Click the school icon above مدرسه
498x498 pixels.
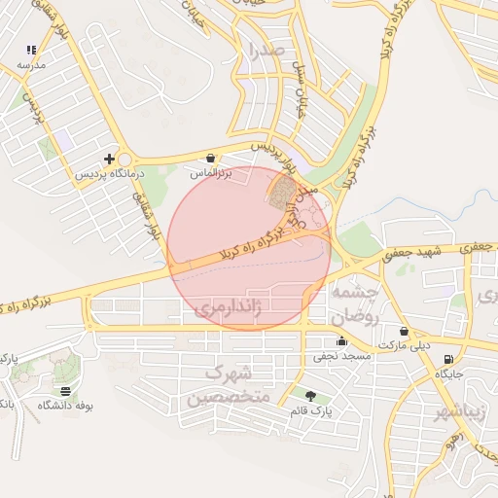click(x=31, y=49)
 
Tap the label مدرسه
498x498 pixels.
click(x=32, y=64)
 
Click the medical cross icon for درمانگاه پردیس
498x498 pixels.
click(x=109, y=158)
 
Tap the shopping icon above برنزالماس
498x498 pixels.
click(x=211, y=158)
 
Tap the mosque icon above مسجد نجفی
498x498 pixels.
click(x=341, y=341)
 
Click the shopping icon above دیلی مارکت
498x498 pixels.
click(x=404, y=331)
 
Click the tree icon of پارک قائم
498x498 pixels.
click(x=310, y=395)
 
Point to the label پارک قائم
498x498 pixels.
click(x=311, y=410)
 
